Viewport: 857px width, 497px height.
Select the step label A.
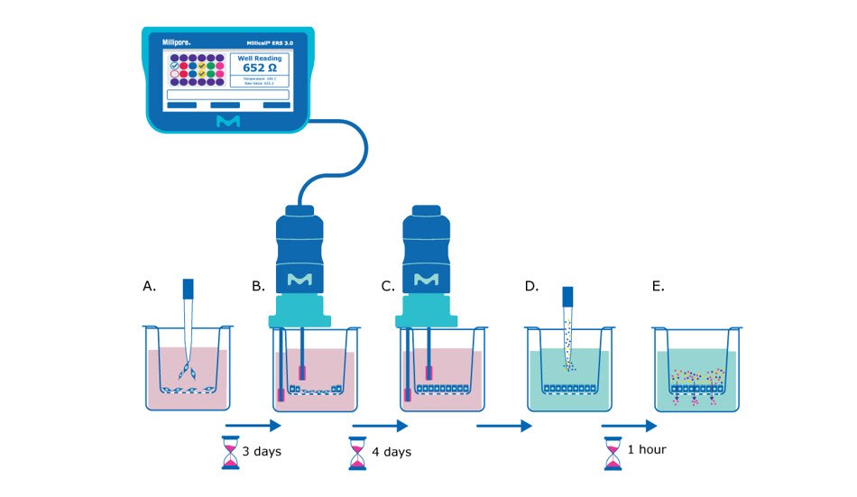(149, 286)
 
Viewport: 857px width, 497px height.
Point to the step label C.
(388, 286)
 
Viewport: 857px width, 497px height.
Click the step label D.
(531, 286)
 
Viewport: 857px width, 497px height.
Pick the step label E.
(658, 286)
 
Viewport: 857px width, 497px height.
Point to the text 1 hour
(648, 448)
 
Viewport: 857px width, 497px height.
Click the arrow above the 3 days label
(253, 423)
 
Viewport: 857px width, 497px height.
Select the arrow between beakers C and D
(502, 423)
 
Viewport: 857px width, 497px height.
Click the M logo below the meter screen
(228, 121)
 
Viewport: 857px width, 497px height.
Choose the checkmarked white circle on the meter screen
(174, 66)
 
